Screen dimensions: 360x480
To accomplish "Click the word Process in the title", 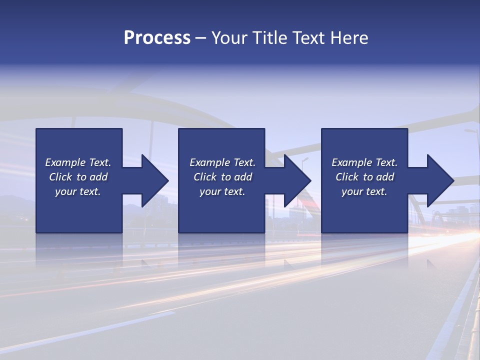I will (157, 38).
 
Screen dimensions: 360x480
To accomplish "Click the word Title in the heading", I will (269, 38).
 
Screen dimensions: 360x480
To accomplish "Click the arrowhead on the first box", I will (152, 180).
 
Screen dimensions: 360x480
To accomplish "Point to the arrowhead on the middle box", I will (295, 180).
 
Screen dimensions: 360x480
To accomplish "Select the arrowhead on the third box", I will (438, 180).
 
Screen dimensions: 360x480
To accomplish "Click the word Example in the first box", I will (65, 162).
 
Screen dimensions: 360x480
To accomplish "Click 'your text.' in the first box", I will (78, 191).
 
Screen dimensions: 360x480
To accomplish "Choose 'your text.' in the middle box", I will (222, 191).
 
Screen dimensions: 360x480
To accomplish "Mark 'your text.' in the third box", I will (364, 191).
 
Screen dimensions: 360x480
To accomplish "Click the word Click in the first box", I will (60, 177).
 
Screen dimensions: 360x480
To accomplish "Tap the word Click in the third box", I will (347, 177).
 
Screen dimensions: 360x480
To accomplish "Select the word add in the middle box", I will (243, 177).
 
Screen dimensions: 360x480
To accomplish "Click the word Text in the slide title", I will (306, 38).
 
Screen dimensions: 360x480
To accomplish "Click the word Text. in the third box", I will (386, 162).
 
